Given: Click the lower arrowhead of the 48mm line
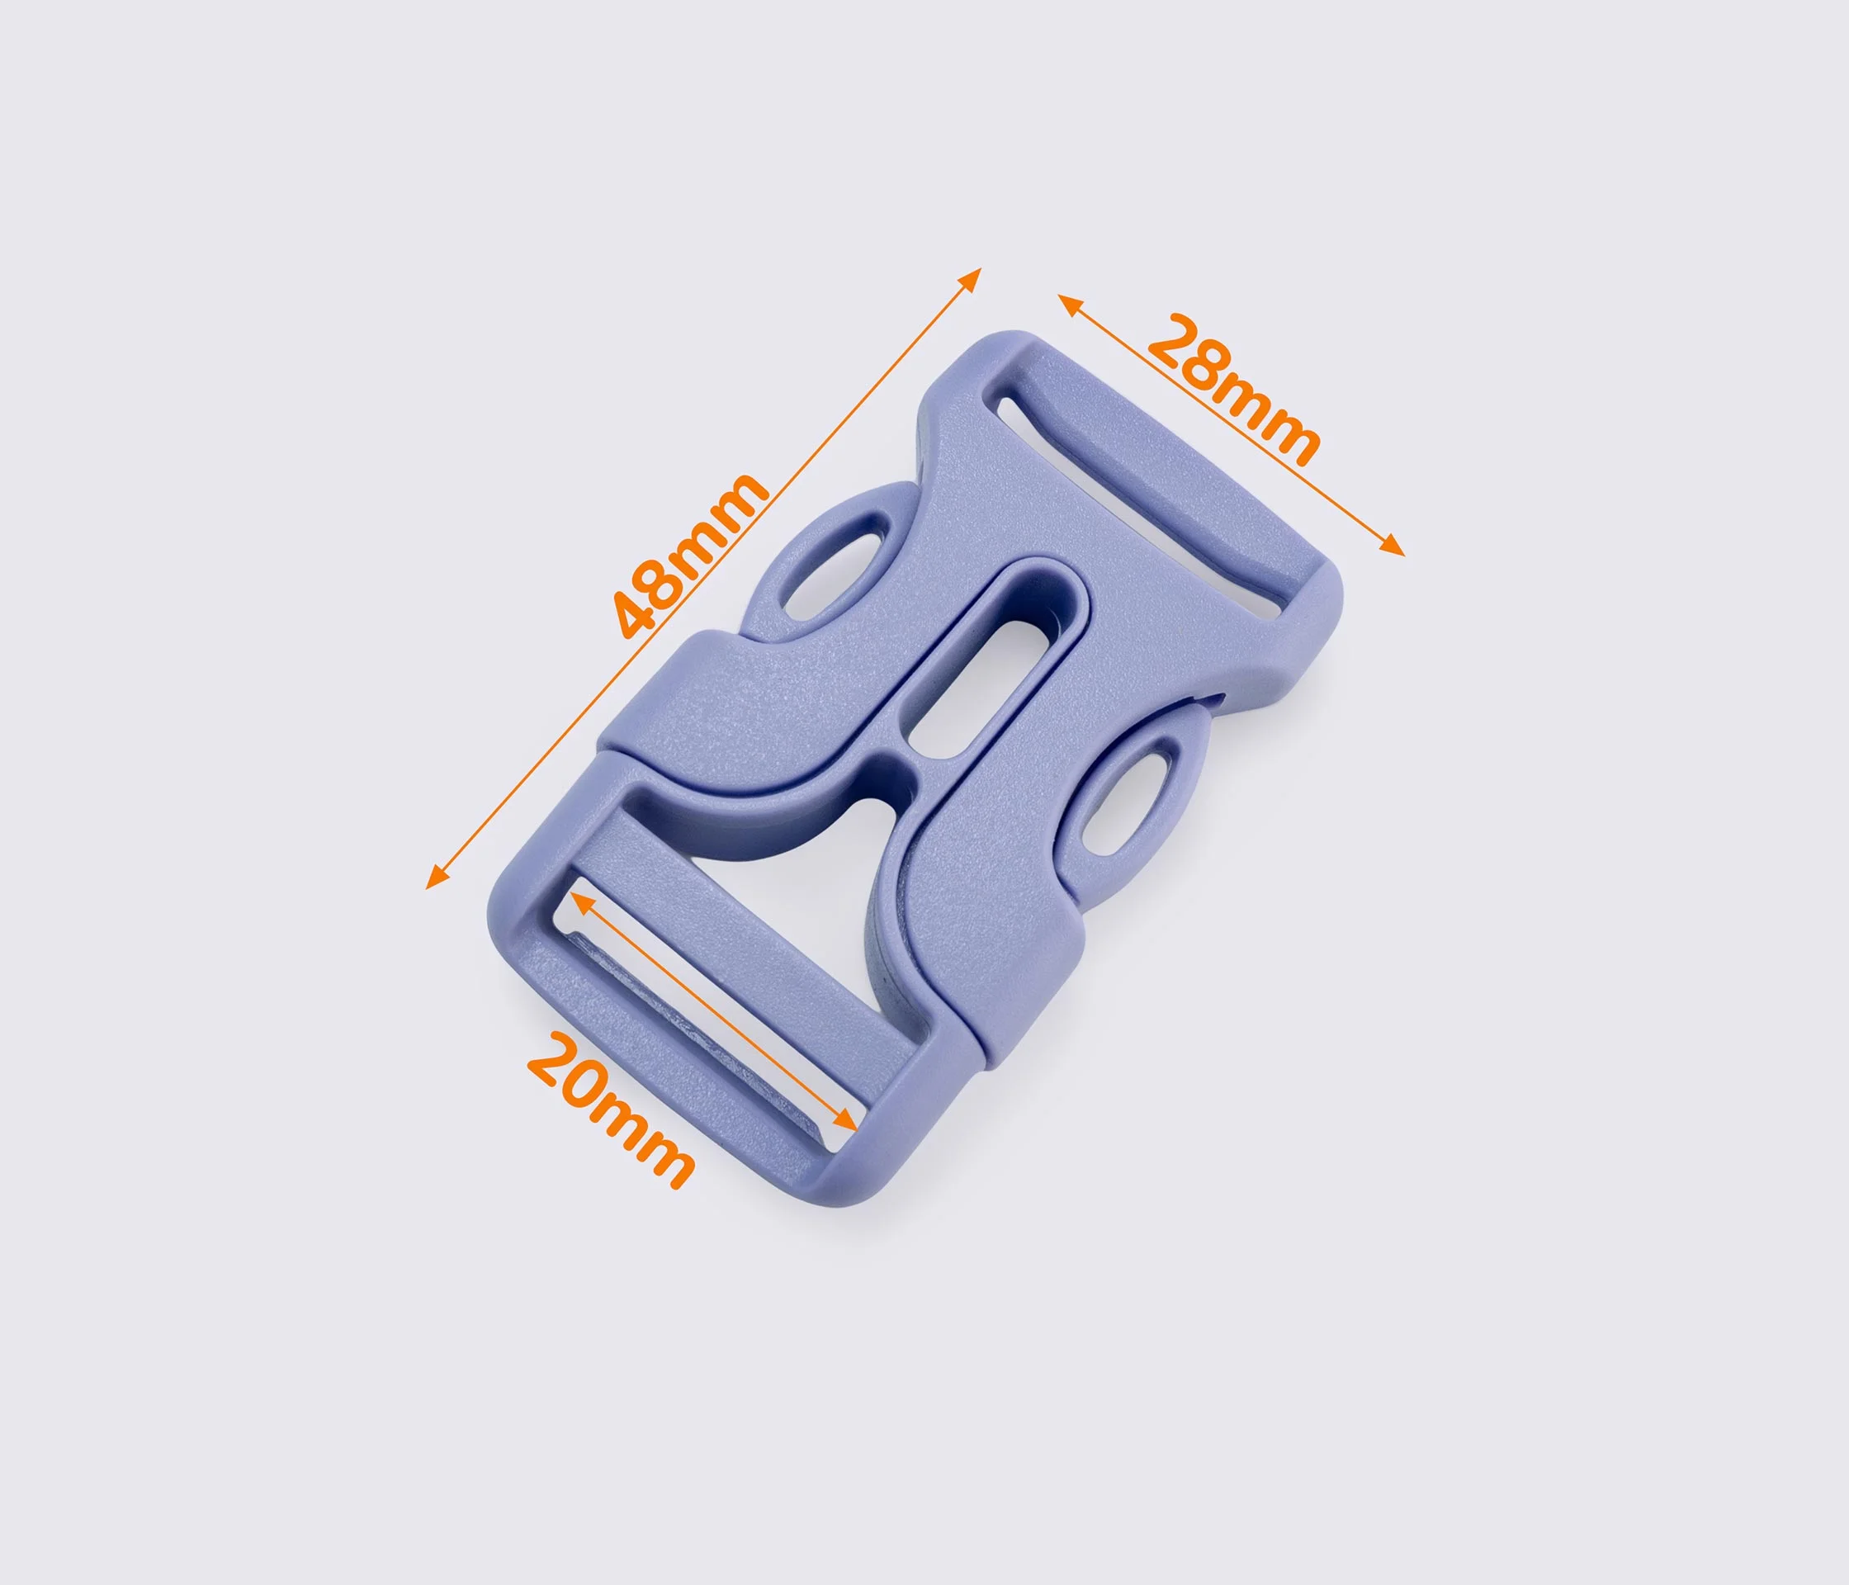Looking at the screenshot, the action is [x=436, y=878].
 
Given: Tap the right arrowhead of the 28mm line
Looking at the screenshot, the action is [x=1392, y=546].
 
